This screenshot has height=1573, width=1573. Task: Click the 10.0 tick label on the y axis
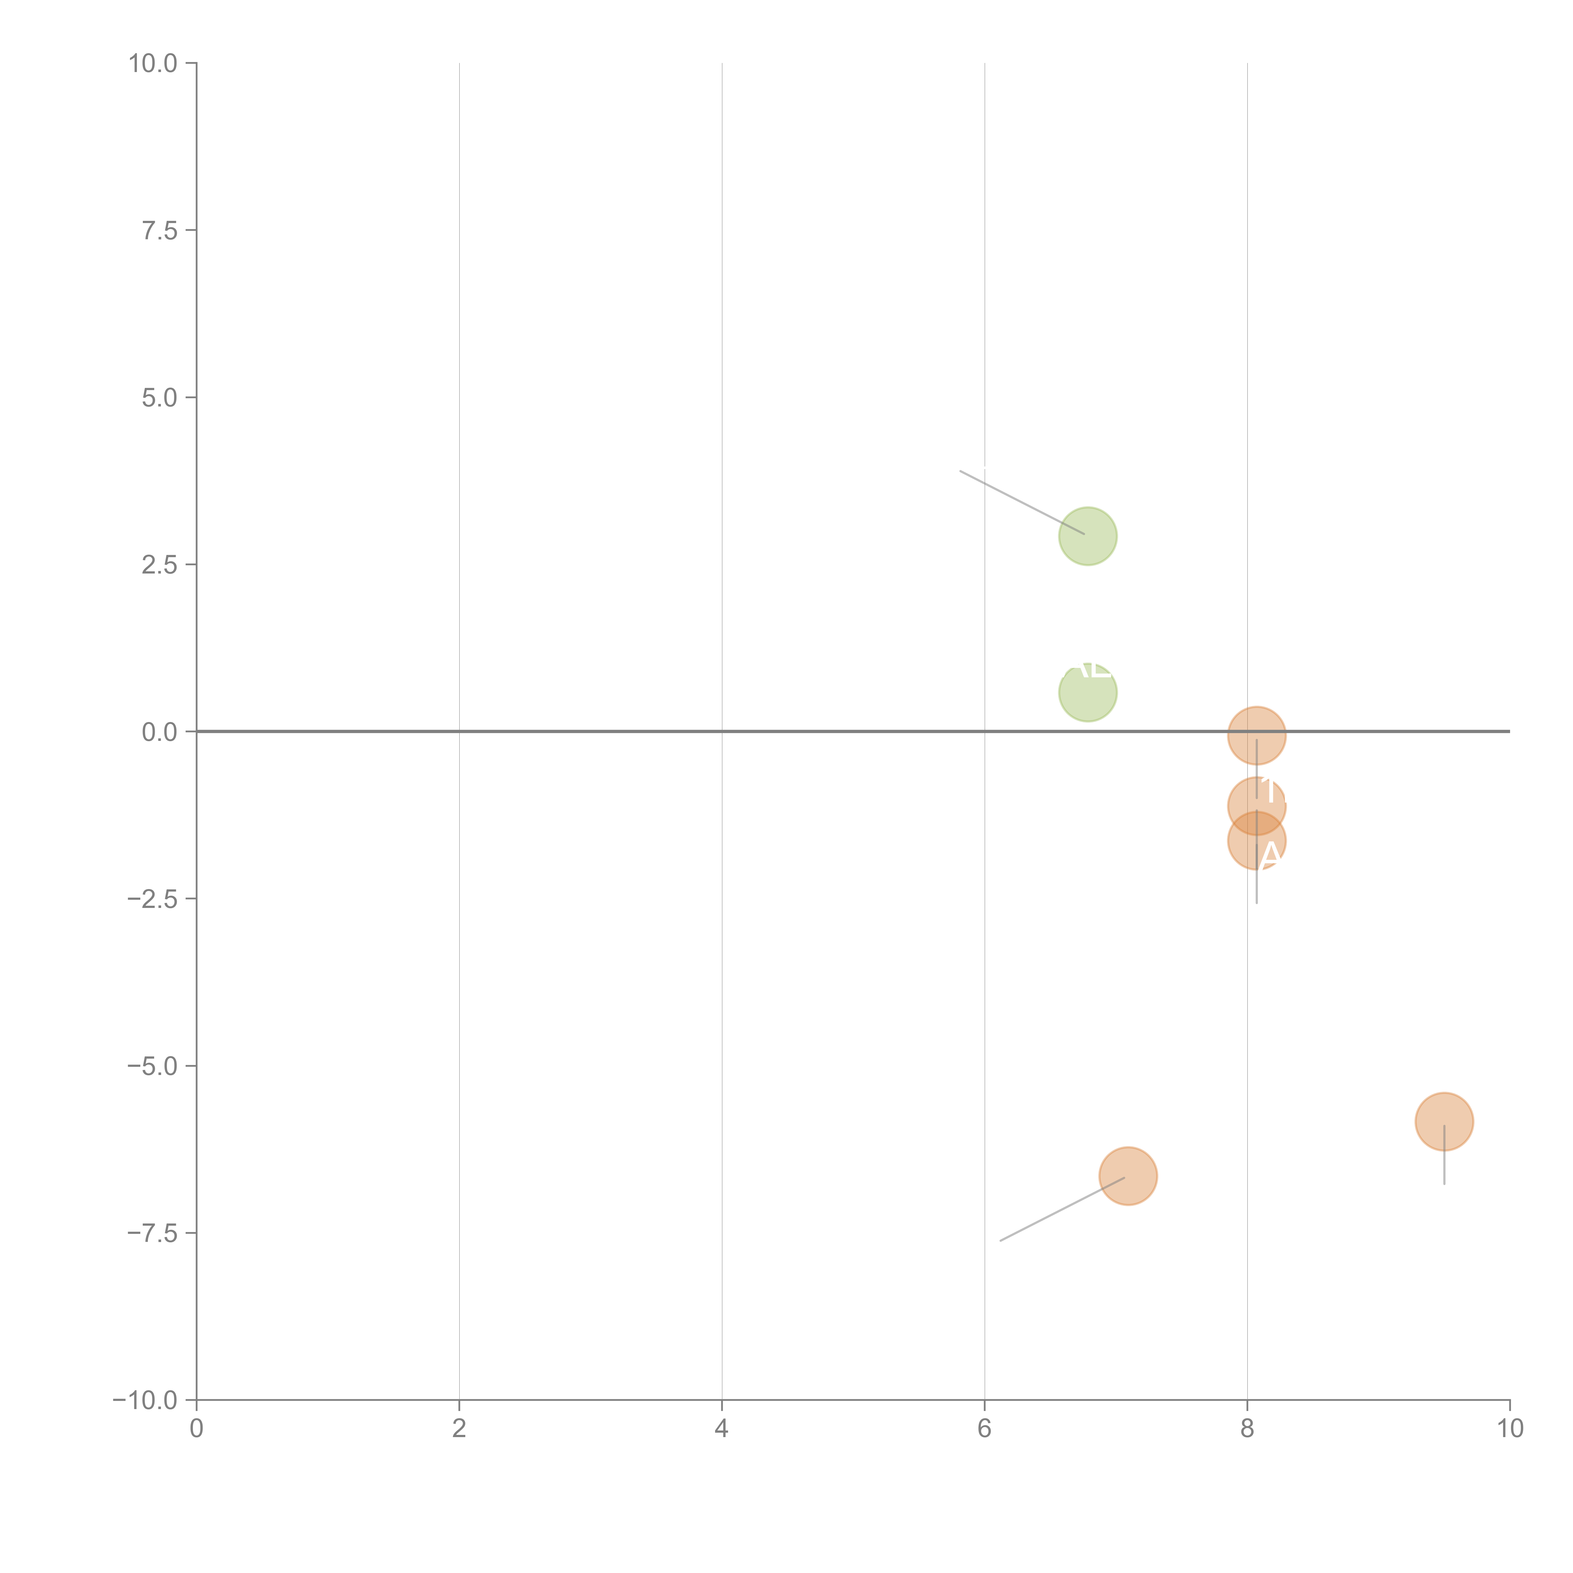(153, 64)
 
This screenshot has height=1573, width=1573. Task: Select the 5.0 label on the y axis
(160, 398)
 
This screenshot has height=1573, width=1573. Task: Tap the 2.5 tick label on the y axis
(160, 565)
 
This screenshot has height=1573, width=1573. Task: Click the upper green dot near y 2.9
(1088, 536)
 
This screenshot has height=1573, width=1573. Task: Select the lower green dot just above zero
(1088, 693)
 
